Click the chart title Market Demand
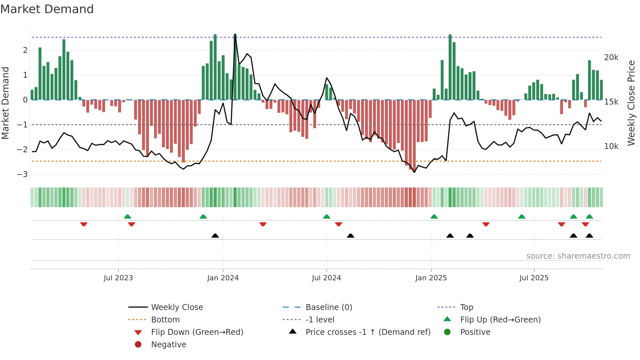[47, 9]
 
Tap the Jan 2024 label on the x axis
[223, 278]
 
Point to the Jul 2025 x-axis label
[534, 278]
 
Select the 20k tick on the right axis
[611, 57]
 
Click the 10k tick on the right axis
[611, 146]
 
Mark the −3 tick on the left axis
[23, 174]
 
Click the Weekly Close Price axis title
[631, 103]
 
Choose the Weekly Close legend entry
[177, 307]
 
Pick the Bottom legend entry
[165, 320]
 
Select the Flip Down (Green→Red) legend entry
[197, 332]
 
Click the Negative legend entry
[168, 345]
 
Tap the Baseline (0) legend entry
[328, 307]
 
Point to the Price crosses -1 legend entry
[368, 332]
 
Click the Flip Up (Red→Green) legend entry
[500, 320]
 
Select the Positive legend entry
[475, 332]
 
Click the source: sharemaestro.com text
[578, 256]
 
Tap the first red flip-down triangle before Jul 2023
[84, 224]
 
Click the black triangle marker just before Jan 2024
[215, 236]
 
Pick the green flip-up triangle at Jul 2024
[327, 217]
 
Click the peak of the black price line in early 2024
[235, 35]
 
